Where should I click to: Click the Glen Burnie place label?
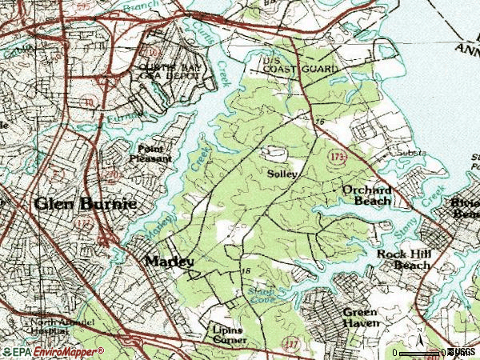85,204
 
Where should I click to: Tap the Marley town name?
169,262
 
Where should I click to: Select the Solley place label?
282,174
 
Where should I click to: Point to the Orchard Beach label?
367,195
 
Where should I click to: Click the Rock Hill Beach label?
403,259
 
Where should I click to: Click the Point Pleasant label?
154,154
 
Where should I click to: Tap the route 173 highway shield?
336,158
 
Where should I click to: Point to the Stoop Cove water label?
261,295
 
